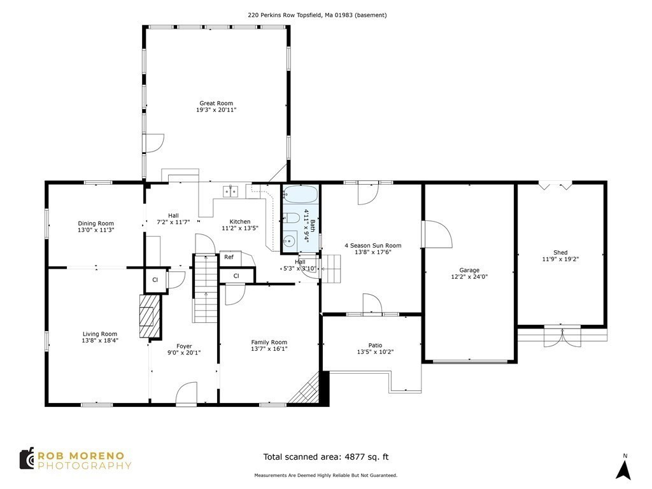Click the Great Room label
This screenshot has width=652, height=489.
pos(216,103)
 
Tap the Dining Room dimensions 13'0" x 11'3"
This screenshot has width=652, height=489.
pos(96,231)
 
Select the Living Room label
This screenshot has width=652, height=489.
pos(100,334)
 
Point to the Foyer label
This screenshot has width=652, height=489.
pos(184,346)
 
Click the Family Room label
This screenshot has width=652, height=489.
pos(269,342)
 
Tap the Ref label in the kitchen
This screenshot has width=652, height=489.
pos(229,257)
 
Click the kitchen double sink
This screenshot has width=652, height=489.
pos(230,190)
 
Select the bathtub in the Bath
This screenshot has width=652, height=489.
pos(299,194)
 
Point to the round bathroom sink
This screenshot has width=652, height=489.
pos(290,240)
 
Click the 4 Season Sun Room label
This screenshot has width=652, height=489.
pos(372,245)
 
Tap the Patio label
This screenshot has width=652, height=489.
pos(375,345)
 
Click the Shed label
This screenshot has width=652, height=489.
pos(560,253)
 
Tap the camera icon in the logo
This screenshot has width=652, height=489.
pos(27,458)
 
